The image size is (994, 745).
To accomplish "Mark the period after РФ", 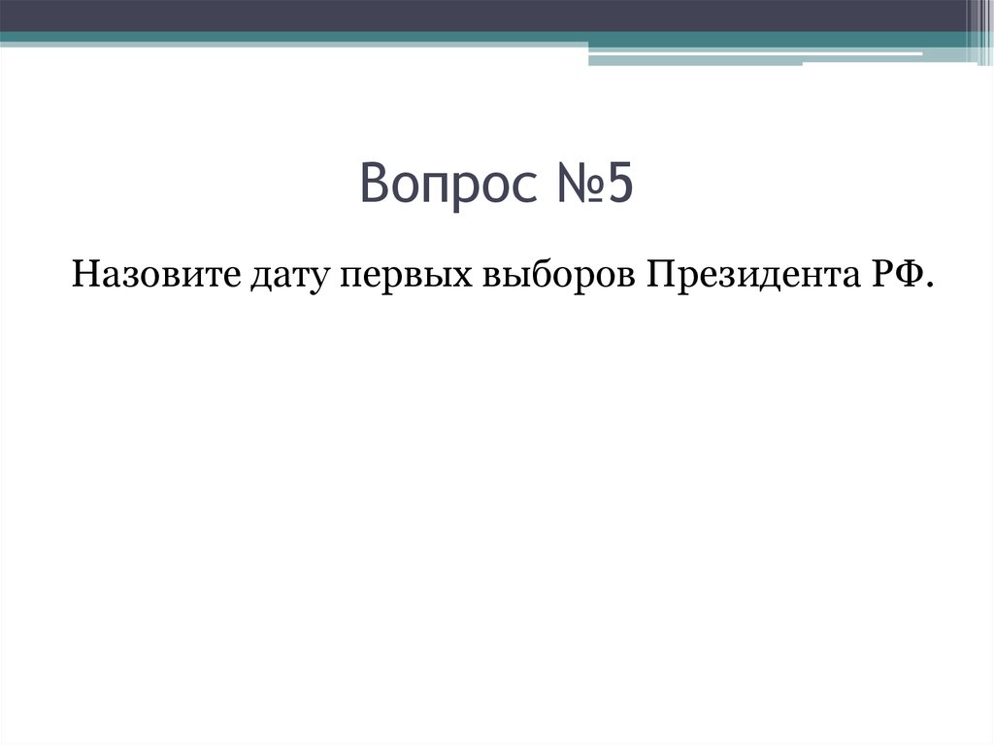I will (929, 286).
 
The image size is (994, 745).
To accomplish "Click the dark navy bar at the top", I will (485, 15).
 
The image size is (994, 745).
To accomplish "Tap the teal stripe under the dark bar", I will (291, 37).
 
